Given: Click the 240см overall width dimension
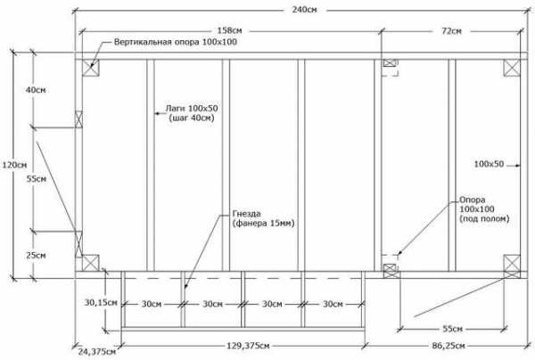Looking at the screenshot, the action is pos(304,10).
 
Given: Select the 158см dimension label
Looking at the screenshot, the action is pos(230,30).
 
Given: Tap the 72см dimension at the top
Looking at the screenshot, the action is pos(451,31).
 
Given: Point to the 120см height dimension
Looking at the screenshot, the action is pos(14,165).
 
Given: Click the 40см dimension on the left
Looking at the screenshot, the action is pos(36,90).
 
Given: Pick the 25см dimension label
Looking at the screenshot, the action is pos(36,255).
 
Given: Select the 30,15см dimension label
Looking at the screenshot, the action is pos(101,302).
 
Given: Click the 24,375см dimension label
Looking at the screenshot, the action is pos(97,351).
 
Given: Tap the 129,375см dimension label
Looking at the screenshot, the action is pos(248,346).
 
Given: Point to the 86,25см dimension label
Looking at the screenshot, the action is pos(449,346).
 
